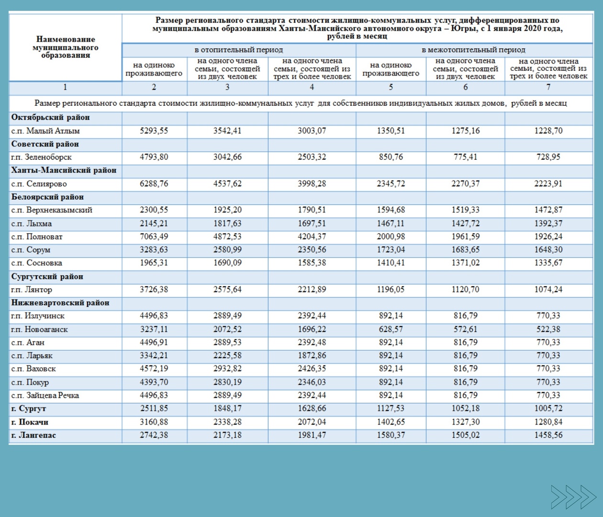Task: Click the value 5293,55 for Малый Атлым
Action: click(x=154, y=131)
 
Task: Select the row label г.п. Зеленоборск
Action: click(x=41, y=157)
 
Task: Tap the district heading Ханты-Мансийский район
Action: click(x=64, y=170)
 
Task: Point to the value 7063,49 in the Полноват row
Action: click(x=154, y=236)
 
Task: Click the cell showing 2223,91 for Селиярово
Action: click(x=548, y=183)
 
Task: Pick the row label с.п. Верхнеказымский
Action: click(x=52, y=210)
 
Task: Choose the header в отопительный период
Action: click(x=239, y=50)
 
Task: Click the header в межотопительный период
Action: click(x=473, y=50)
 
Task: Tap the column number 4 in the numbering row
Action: click(x=312, y=87)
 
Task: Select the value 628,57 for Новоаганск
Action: click(x=391, y=329)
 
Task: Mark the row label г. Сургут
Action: click(x=29, y=409)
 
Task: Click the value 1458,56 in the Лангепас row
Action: click(x=548, y=435)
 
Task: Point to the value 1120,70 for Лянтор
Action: click(x=465, y=290)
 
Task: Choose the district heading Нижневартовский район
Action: click(x=60, y=303)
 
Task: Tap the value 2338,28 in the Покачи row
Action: click(x=227, y=422)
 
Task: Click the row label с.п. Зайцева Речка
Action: click(x=45, y=395)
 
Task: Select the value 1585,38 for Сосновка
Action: click(x=312, y=263)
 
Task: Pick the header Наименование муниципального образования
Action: click(x=66, y=47)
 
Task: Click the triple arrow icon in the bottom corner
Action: click(x=573, y=497)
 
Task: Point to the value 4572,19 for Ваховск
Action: click(x=154, y=369)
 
